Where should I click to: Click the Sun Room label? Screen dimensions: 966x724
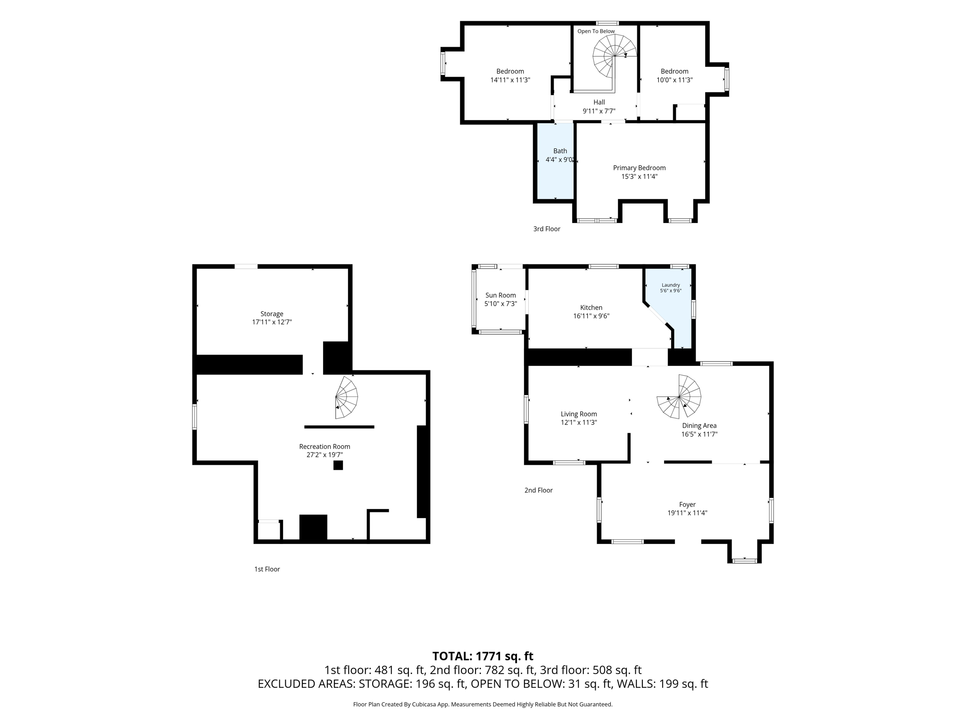click(500, 296)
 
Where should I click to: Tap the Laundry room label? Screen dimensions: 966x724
click(671, 285)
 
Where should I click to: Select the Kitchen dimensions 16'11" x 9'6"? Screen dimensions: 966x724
click(591, 316)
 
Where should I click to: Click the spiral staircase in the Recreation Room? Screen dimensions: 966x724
click(347, 397)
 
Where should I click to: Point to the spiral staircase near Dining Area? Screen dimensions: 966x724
click(679, 396)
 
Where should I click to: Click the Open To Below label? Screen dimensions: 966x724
click(596, 32)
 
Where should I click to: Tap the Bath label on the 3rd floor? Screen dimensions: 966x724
click(560, 151)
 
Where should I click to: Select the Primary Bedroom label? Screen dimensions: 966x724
click(639, 168)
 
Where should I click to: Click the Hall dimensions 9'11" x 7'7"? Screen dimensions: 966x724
click(599, 111)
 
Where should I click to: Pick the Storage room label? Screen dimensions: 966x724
click(272, 314)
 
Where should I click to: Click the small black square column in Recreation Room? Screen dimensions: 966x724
click(338, 465)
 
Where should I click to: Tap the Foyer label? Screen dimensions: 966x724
click(687, 505)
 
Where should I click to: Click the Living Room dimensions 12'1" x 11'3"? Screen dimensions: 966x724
click(579, 423)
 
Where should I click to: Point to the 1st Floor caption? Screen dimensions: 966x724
click(267, 569)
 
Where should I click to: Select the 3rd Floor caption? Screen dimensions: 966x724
click(547, 229)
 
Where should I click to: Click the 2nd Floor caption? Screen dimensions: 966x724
click(538, 490)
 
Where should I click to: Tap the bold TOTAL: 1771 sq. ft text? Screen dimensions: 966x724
click(483, 656)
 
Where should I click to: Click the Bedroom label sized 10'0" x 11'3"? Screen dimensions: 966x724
click(675, 72)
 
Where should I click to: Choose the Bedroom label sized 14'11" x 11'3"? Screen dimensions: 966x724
click(510, 72)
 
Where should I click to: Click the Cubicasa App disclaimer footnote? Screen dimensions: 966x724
click(483, 705)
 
